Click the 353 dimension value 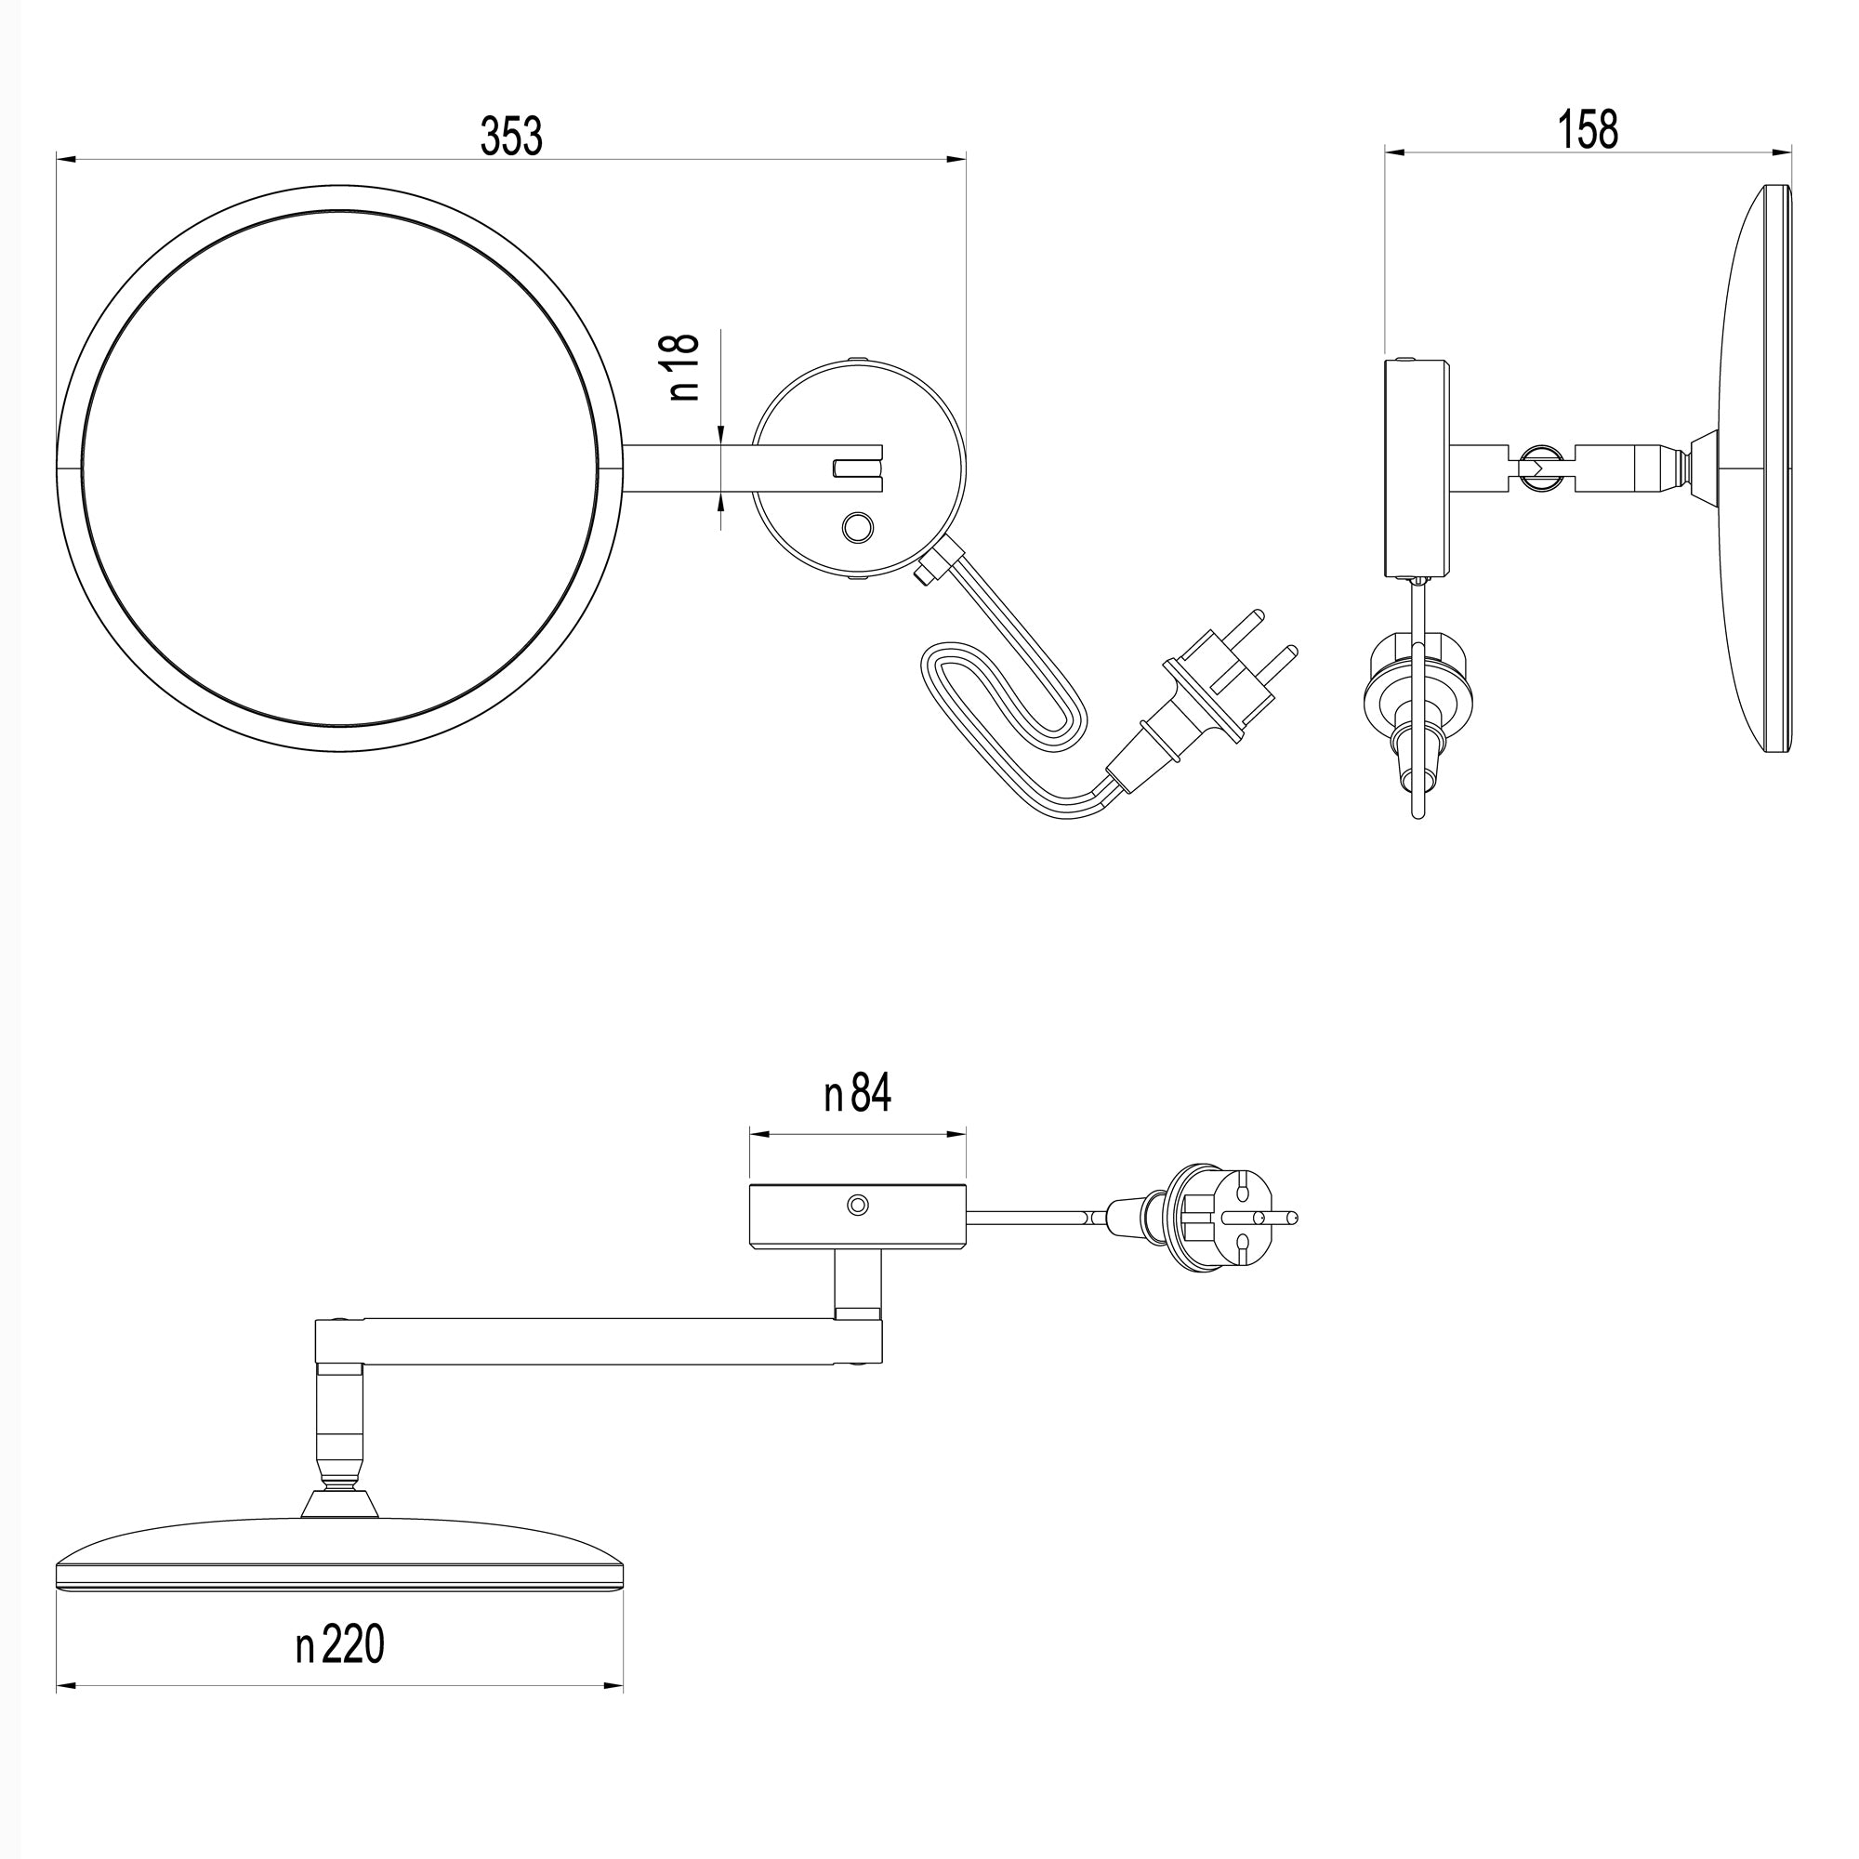(511, 136)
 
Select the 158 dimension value (1588, 129)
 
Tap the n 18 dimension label (682, 366)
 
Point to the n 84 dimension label (857, 1093)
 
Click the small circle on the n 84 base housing (857, 1205)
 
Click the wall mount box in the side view (1417, 468)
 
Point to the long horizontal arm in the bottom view (597, 1341)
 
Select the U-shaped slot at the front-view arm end (856, 468)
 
